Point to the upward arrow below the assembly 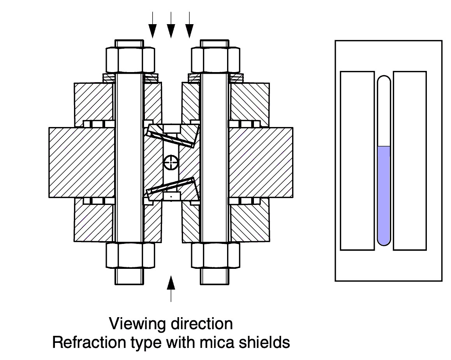coord(171,286)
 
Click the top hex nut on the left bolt coord(130,60)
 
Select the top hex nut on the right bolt coord(215,60)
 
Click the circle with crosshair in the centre coord(171,162)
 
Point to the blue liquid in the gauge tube coord(384,195)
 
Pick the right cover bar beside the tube coord(410,160)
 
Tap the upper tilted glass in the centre coord(171,137)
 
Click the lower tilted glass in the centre coord(171,186)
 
